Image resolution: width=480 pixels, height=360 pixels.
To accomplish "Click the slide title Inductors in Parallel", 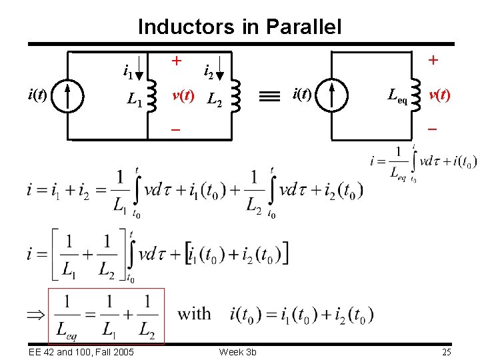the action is click(x=239, y=27).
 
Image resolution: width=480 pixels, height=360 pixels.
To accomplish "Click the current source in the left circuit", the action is click(x=69, y=95).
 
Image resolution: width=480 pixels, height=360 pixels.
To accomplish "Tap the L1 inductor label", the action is click(x=135, y=101).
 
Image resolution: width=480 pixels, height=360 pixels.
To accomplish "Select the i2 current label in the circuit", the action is click(x=208, y=69).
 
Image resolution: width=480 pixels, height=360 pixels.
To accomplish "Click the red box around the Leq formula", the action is click(x=106, y=315).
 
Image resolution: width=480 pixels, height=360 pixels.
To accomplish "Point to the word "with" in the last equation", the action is click(x=194, y=313).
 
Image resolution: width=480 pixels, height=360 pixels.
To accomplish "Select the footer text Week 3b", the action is click(x=238, y=351).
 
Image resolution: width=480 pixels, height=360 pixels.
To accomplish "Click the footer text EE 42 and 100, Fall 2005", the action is click(x=81, y=351).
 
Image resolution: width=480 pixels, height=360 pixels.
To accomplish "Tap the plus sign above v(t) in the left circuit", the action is click(x=177, y=61).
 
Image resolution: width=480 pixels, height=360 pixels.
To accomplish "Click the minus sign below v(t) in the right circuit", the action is click(x=432, y=127).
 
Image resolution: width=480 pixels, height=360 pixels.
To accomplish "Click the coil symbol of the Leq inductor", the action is click(x=417, y=95).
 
